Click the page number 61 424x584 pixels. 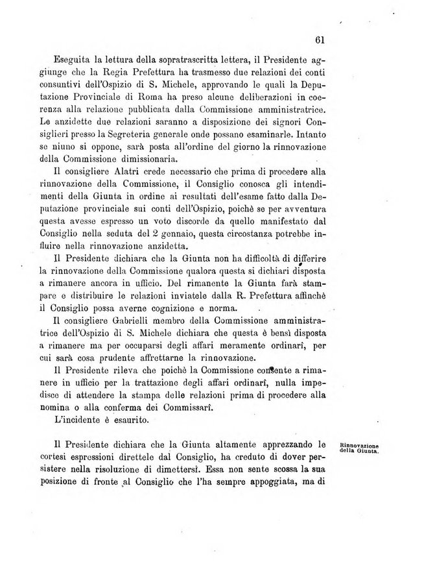click(x=319, y=39)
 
